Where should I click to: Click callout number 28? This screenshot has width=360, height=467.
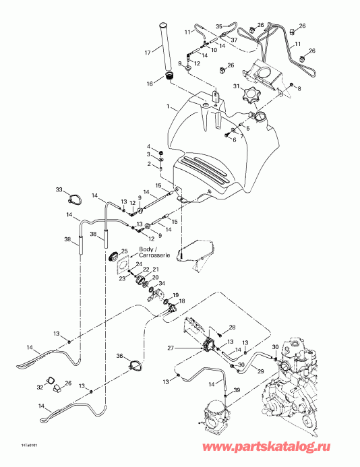233,328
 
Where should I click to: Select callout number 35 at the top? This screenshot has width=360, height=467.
219,26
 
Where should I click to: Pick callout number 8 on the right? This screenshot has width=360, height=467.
299,88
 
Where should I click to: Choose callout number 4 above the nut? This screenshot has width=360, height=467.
150,146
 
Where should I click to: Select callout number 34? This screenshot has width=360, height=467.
162,283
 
